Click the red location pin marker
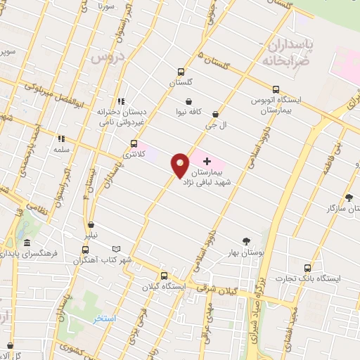tap(181, 166)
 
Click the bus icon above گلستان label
tap(181, 72)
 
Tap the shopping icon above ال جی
tap(214, 114)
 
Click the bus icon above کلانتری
tap(134, 143)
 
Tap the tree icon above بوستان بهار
tap(246, 240)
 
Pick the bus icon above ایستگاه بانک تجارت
tap(306, 268)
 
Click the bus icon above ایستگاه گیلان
tap(164, 276)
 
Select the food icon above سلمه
tap(61, 139)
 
